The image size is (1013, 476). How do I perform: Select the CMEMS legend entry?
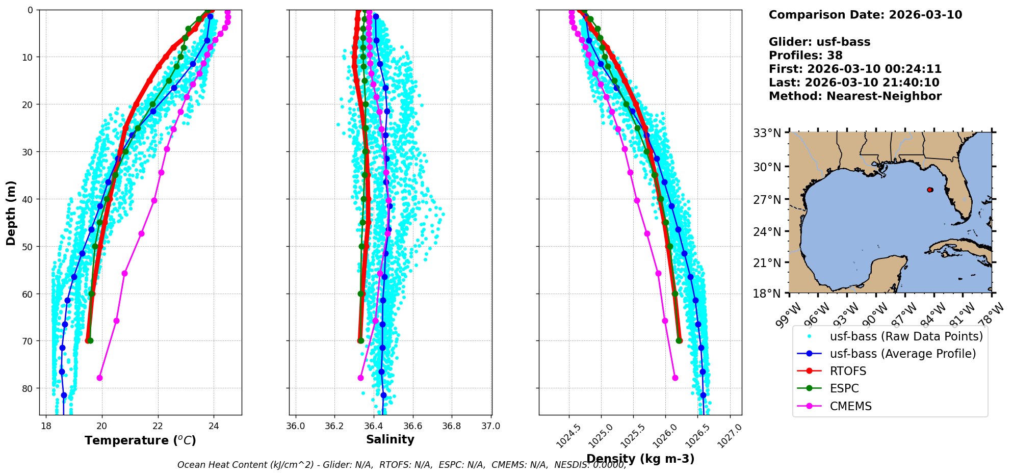pos(850,406)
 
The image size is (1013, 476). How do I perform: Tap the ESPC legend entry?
pos(844,388)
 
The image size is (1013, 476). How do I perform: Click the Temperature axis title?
pos(140,440)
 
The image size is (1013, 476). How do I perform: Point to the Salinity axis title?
pos(390,439)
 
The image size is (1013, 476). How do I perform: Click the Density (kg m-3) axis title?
pos(640,459)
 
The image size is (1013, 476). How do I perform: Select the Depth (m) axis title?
pos(11,213)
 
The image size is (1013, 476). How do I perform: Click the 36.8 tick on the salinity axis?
pos(451,426)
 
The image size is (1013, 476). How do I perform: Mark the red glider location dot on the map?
pos(930,190)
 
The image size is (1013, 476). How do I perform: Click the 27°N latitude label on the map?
pos(767,199)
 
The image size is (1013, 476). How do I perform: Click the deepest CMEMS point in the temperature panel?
pos(99,378)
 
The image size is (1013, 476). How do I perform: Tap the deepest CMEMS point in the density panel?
pos(675,378)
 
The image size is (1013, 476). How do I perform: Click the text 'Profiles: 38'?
pos(806,55)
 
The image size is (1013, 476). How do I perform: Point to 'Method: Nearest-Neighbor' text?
pos(855,96)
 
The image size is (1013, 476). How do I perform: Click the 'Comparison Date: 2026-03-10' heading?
pos(865,15)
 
